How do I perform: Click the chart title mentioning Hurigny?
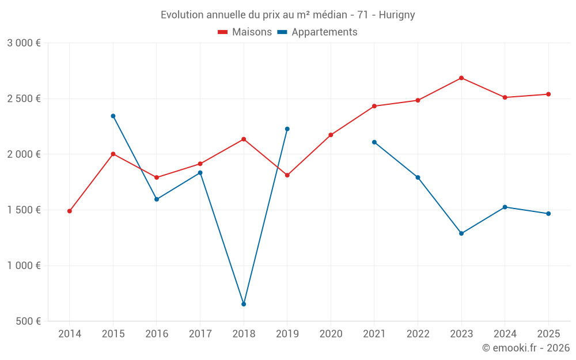pyautogui.click(x=287, y=15)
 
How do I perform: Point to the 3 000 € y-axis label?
pyautogui.click(x=24, y=43)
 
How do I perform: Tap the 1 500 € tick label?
pyautogui.click(x=24, y=210)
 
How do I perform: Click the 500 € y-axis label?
pyautogui.click(x=28, y=321)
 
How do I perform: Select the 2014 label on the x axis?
pyautogui.click(x=70, y=334)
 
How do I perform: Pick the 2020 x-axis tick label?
pyautogui.click(x=331, y=334)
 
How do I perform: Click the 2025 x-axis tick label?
pyautogui.click(x=548, y=334)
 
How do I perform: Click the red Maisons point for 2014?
pyautogui.click(x=70, y=211)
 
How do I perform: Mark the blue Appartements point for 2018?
pyautogui.click(x=244, y=304)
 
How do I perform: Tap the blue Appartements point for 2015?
pyautogui.click(x=113, y=116)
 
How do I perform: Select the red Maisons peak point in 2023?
pyautogui.click(x=461, y=78)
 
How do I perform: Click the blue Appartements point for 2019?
pyautogui.click(x=287, y=129)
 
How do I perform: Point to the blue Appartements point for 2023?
pyautogui.click(x=461, y=233)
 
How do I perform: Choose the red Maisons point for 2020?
pyautogui.click(x=331, y=135)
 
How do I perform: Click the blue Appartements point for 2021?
pyautogui.click(x=374, y=142)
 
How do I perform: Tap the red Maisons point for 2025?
pyautogui.click(x=548, y=94)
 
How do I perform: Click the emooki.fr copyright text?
pyautogui.click(x=525, y=348)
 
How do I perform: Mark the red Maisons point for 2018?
pyautogui.click(x=244, y=139)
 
